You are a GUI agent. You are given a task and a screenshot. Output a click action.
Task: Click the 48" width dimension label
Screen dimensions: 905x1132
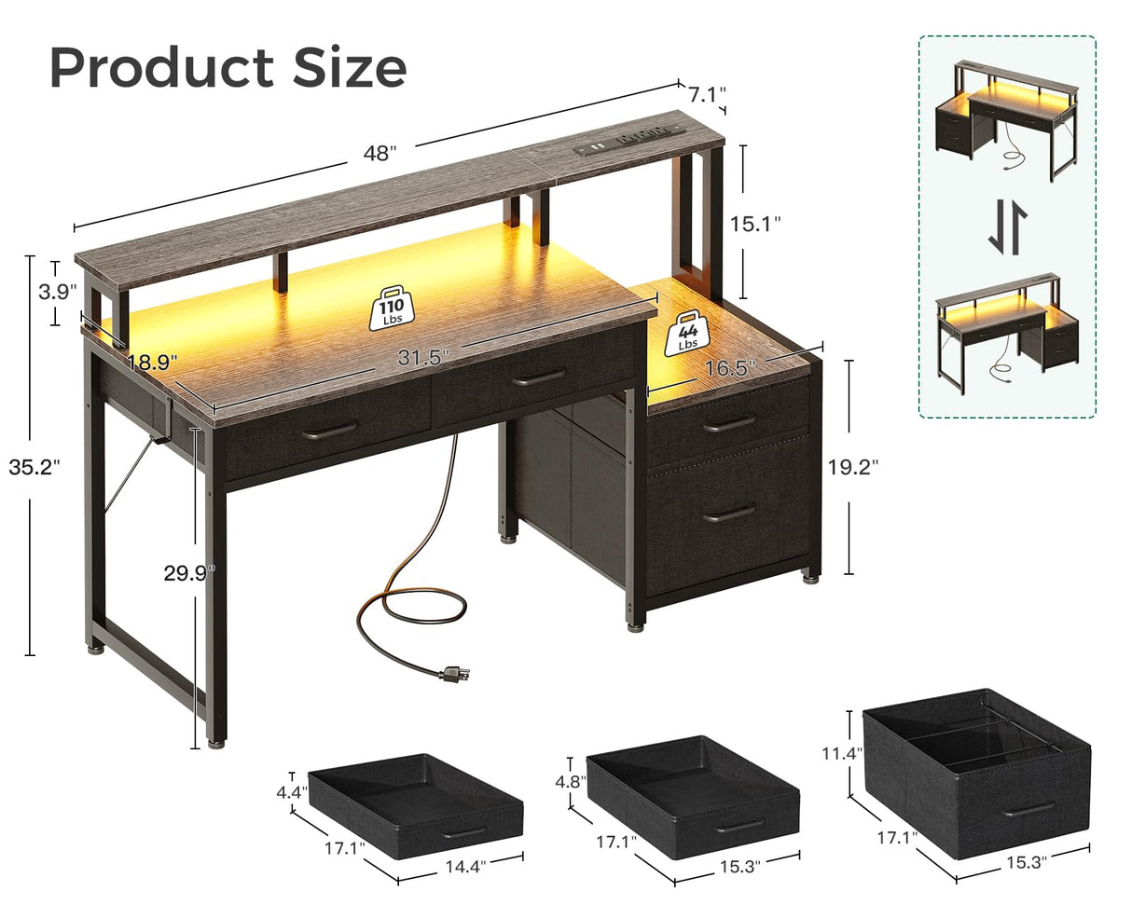click(380, 155)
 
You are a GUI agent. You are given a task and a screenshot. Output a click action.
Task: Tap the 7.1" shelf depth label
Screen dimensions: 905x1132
click(707, 93)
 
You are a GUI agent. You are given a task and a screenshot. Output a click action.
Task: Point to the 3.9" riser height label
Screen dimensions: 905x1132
click(57, 292)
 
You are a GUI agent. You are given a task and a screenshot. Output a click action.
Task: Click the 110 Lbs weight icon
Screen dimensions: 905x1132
click(391, 309)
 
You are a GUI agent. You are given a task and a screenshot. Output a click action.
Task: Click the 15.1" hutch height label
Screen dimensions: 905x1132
click(755, 223)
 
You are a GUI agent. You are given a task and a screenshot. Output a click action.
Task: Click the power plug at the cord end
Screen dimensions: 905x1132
click(455, 672)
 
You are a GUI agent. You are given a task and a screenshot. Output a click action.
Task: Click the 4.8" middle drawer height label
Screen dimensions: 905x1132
click(571, 782)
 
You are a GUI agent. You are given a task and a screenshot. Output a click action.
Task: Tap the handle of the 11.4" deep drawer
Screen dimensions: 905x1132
click(1028, 808)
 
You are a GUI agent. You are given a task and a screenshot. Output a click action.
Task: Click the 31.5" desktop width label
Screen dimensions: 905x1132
click(424, 356)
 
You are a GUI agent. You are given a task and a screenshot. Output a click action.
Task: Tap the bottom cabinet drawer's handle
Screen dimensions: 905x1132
click(729, 513)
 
